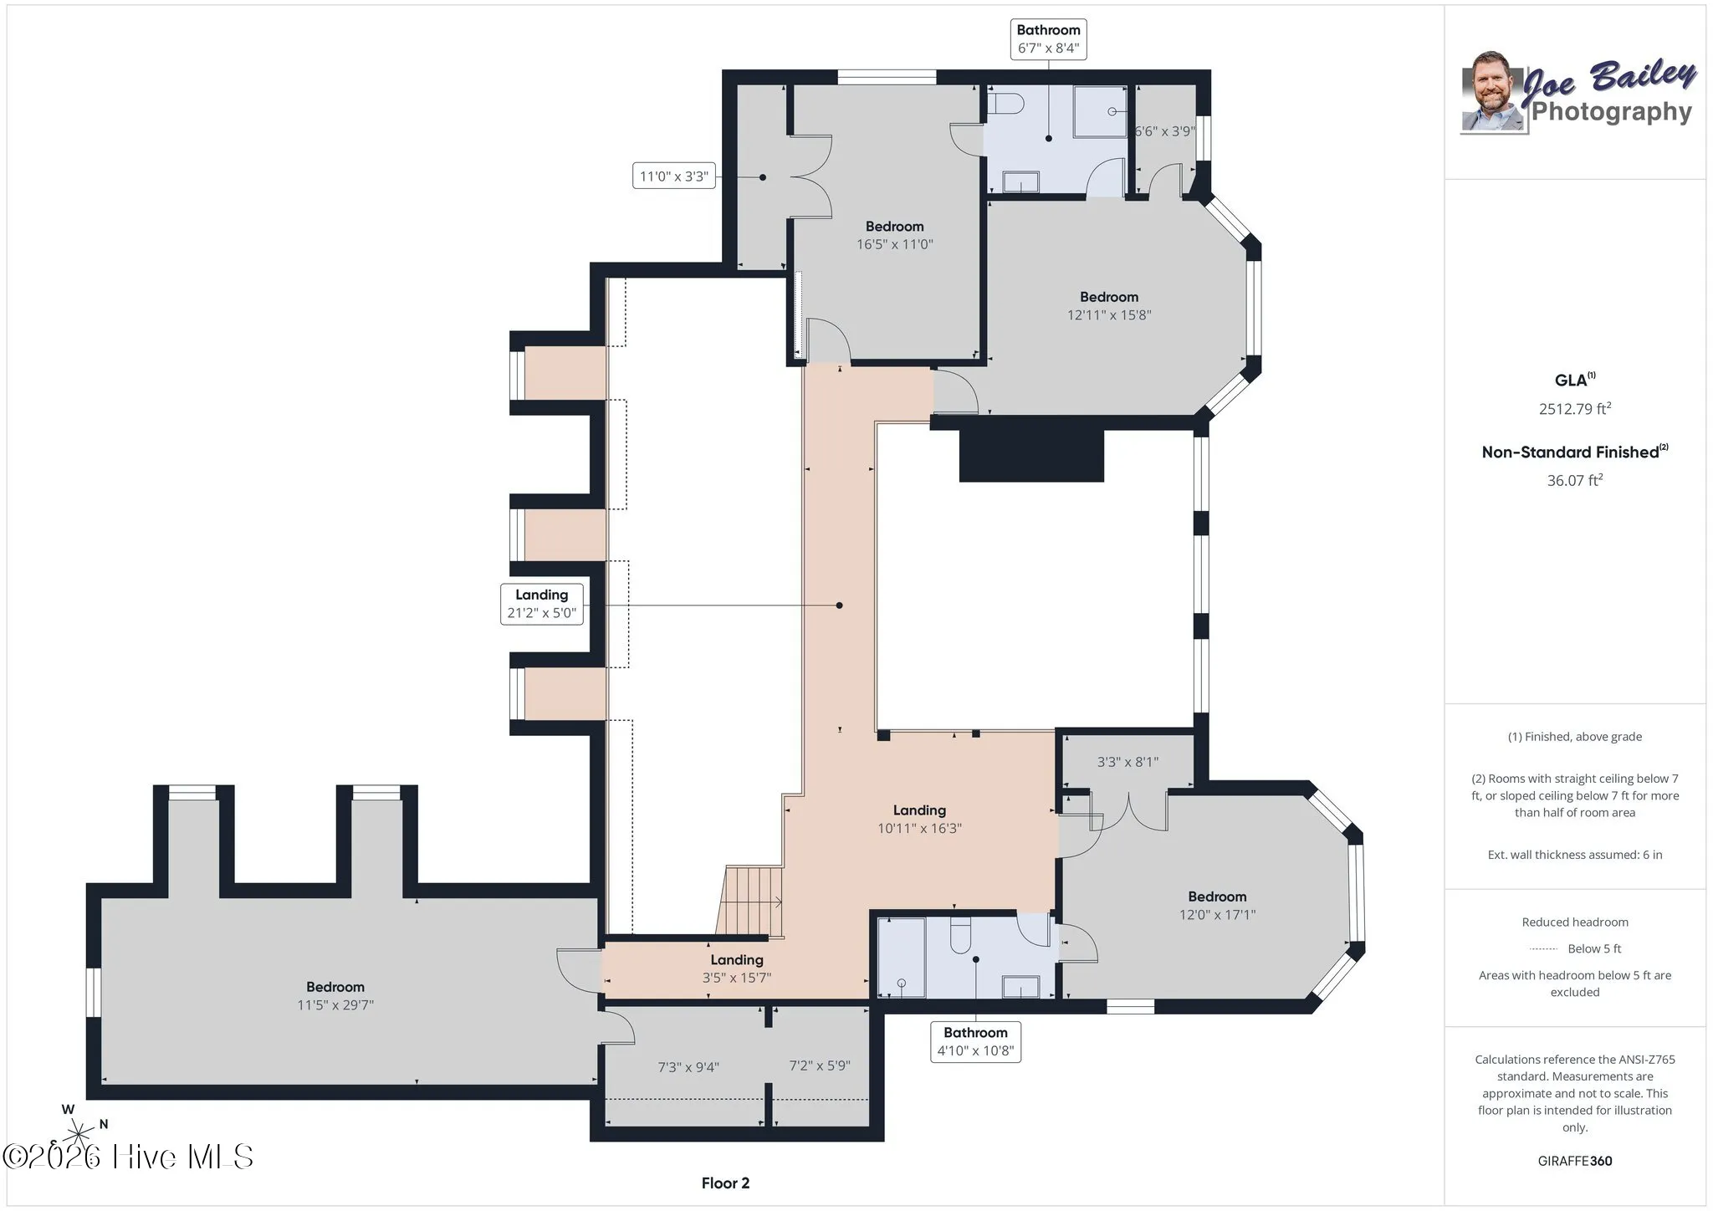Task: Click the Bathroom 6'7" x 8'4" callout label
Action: click(x=1048, y=39)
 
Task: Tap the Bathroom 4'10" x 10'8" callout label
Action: click(x=975, y=1041)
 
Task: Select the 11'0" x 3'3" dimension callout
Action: click(x=673, y=176)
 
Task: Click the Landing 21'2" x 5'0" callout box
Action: click(x=541, y=604)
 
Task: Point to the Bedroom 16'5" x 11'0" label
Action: click(x=894, y=235)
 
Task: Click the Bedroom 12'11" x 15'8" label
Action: click(x=1109, y=305)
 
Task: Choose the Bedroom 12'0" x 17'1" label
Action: click(x=1217, y=905)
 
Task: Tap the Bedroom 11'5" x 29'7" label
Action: click(x=335, y=995)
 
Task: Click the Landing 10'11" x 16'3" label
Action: click(x=919, y=819)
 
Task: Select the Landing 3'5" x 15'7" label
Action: click(x=737, y=968)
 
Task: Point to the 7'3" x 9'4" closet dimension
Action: click(x=688, y=1067)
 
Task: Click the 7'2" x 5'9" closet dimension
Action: click(x=820, y=1065)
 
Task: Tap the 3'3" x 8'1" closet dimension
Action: click(x=1128, y=762)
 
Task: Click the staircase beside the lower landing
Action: click(x=749, y=902)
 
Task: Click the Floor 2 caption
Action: click(x=725, y=1183)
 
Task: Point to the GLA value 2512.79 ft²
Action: click(x=1575, y=409)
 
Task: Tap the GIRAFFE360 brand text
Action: click(x=1575, y=1161)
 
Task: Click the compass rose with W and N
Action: click(x=79, y=1133)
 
